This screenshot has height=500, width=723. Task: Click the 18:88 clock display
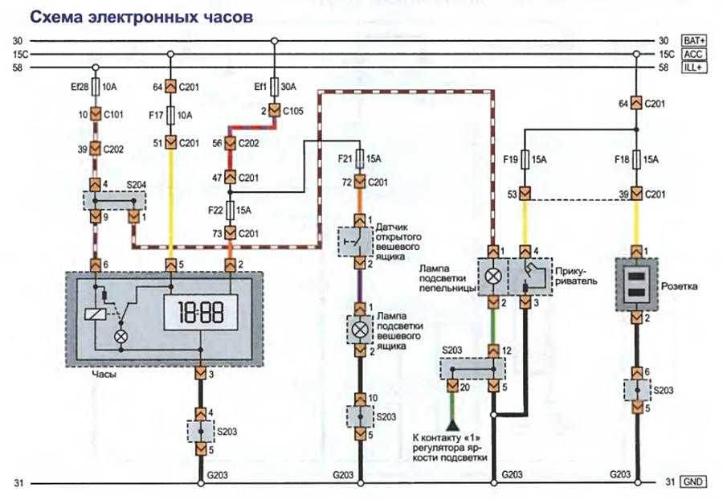[200, 310]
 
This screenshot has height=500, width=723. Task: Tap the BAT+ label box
[694, 40]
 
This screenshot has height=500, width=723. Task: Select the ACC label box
[694, 54]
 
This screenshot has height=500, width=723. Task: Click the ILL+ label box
[694, 68]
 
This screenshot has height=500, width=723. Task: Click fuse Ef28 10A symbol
[96, 85]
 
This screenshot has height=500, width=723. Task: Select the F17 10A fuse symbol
[170, 116]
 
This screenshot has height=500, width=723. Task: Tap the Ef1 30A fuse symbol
[274, 85]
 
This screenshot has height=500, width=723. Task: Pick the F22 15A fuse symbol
[230, 209]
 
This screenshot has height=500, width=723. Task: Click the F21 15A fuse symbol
[357, 159]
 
